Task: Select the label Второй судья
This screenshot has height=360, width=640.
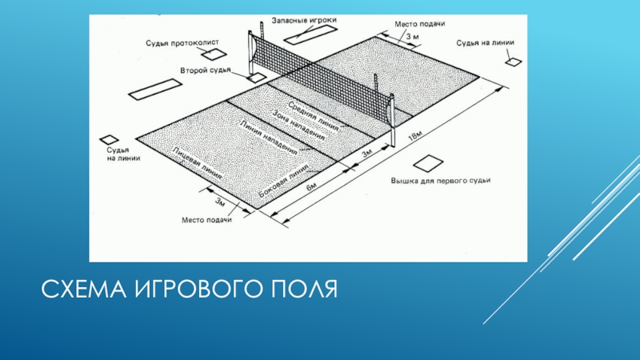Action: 206,70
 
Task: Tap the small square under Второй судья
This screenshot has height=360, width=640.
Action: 257,78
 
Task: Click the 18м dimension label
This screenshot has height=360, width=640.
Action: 416,138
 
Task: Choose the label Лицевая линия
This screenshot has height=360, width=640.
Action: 197,162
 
